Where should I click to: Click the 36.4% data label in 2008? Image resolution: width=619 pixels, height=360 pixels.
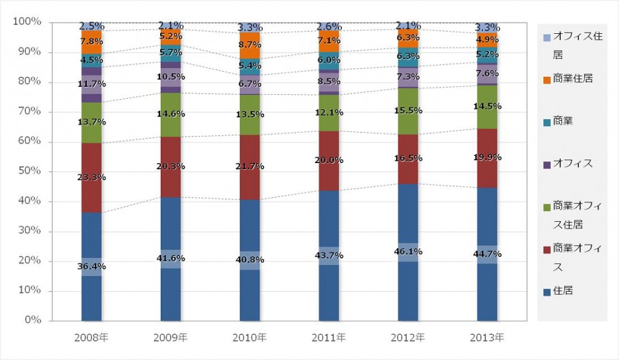[92, 266]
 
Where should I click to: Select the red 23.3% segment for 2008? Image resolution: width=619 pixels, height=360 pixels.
[92, 178]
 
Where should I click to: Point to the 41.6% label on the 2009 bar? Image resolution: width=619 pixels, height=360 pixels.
[170, 259]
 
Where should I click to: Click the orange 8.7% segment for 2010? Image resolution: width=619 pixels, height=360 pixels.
[250, 45]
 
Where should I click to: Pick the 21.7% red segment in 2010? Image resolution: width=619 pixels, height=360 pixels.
[250, 166]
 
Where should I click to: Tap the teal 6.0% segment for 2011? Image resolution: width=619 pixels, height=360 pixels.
[329, 60]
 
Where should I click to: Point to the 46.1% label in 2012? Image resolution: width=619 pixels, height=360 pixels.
[408, 252]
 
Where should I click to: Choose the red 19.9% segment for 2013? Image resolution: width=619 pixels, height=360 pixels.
[487, 158]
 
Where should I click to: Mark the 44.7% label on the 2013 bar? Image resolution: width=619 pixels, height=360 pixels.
[487, 254]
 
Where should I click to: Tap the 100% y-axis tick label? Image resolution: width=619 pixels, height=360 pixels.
[27, 22]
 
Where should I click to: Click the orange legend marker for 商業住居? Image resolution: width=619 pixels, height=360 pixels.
[547, 80]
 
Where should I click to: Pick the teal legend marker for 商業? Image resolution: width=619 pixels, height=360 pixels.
[547, 122]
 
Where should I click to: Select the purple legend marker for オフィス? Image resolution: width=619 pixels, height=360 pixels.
[547, 164]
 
